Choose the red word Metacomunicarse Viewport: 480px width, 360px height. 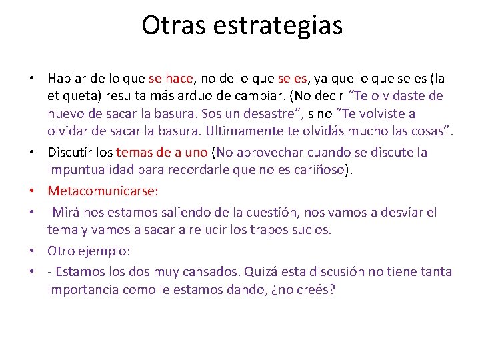point(103,191)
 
